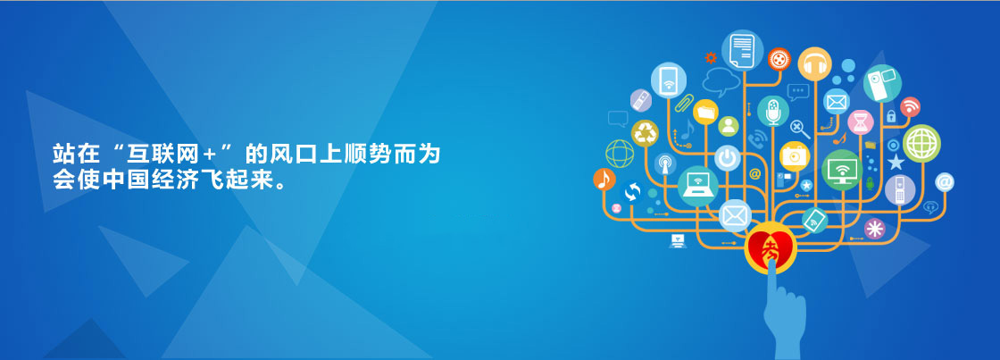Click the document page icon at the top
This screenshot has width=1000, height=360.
(x=742, y=50)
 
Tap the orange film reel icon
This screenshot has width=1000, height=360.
(x=779, y=59)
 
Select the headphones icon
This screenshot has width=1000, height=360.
(x=814, y=63)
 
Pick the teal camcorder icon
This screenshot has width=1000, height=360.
(x=882, y=83)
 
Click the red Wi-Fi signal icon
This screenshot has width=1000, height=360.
(x=910, y=106)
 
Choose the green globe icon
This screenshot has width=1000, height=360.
(x=921, y=144)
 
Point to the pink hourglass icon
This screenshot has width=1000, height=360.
(x=861, y=121)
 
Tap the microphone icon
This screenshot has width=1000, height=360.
(x=773, y=111)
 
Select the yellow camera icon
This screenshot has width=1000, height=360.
(x=795, y=155)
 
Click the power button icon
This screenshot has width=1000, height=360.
(x=727, y=157)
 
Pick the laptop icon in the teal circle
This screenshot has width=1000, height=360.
(x=697, y=187)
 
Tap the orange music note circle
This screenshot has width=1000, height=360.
(x=604, y=180)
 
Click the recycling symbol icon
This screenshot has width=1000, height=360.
(x=645, y=133)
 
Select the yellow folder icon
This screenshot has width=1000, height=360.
(x=705, y=112)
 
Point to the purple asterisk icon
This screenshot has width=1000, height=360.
(x=874, y=229)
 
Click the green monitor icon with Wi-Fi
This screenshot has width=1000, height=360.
(x=842, y=170)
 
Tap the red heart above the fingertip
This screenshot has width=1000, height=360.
(x=771, y=247)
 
